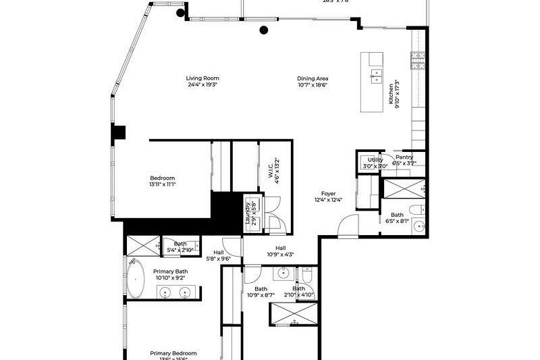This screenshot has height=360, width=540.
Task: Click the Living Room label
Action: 202,78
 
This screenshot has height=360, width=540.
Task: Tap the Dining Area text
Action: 313,78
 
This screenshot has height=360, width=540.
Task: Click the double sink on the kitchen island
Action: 375,75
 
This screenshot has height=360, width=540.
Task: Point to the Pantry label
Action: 404,157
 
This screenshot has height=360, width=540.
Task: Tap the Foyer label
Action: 329,194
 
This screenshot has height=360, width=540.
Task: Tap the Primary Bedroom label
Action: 173,353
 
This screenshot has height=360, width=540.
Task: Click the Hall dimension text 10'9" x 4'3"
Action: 280,255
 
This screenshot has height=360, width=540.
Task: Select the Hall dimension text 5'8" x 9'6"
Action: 218,258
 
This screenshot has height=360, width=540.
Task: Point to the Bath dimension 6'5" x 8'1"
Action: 397,221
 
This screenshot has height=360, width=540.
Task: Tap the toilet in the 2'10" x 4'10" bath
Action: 307,274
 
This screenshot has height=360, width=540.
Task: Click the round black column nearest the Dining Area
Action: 264,30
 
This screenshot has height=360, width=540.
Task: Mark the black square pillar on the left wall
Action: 119,133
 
